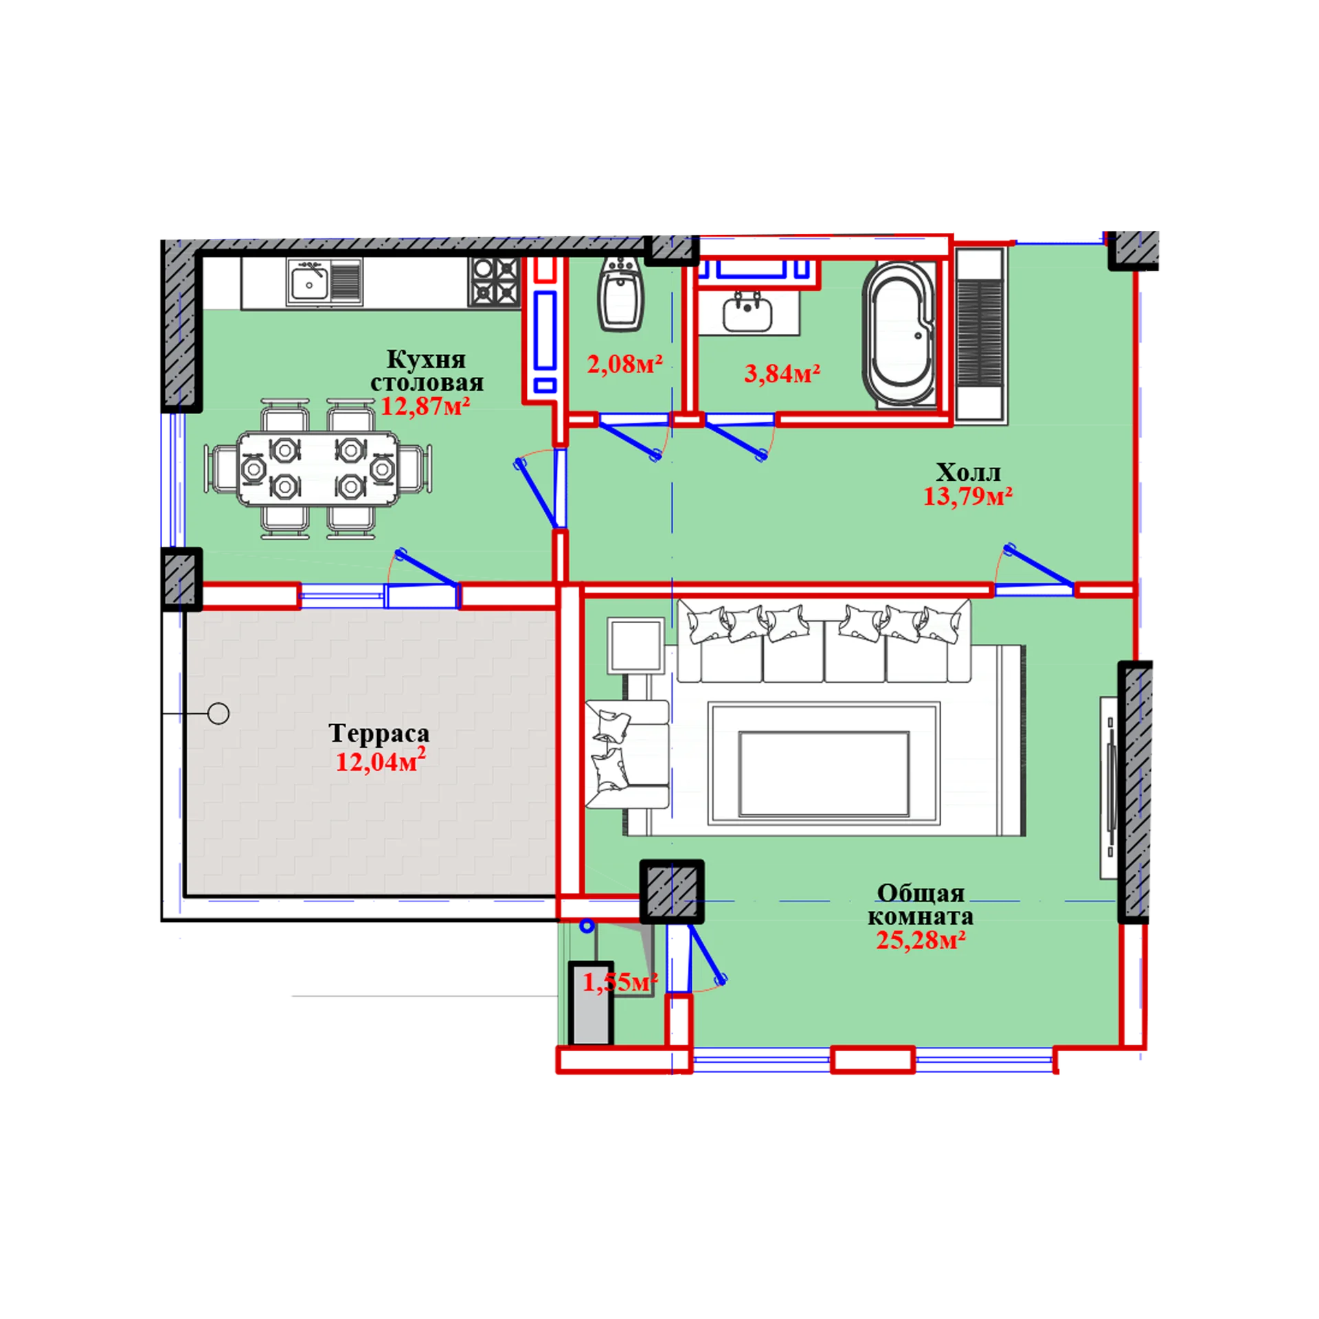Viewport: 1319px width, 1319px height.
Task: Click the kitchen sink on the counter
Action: point(324,282)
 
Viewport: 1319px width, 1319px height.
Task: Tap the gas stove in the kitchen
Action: point(494,282)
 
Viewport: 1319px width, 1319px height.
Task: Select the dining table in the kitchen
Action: point(317,469)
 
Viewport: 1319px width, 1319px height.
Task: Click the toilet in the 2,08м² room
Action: point(621,294)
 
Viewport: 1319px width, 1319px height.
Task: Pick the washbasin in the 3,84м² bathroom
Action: point(747,313)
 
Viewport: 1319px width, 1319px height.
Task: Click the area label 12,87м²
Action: point(425,407)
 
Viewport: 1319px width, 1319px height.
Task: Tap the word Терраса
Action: point(379,733)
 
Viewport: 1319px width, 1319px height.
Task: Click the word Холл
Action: point(968,472)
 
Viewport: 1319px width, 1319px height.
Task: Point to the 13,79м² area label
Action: point(967,496)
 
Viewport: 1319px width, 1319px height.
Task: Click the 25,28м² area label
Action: point(921,940)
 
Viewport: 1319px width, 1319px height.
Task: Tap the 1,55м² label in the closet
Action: point(620,982)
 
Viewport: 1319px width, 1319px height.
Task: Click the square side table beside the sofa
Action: point(635,645)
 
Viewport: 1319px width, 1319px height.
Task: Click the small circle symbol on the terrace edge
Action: point(218,714)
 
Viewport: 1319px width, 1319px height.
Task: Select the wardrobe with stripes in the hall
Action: point(981,334)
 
